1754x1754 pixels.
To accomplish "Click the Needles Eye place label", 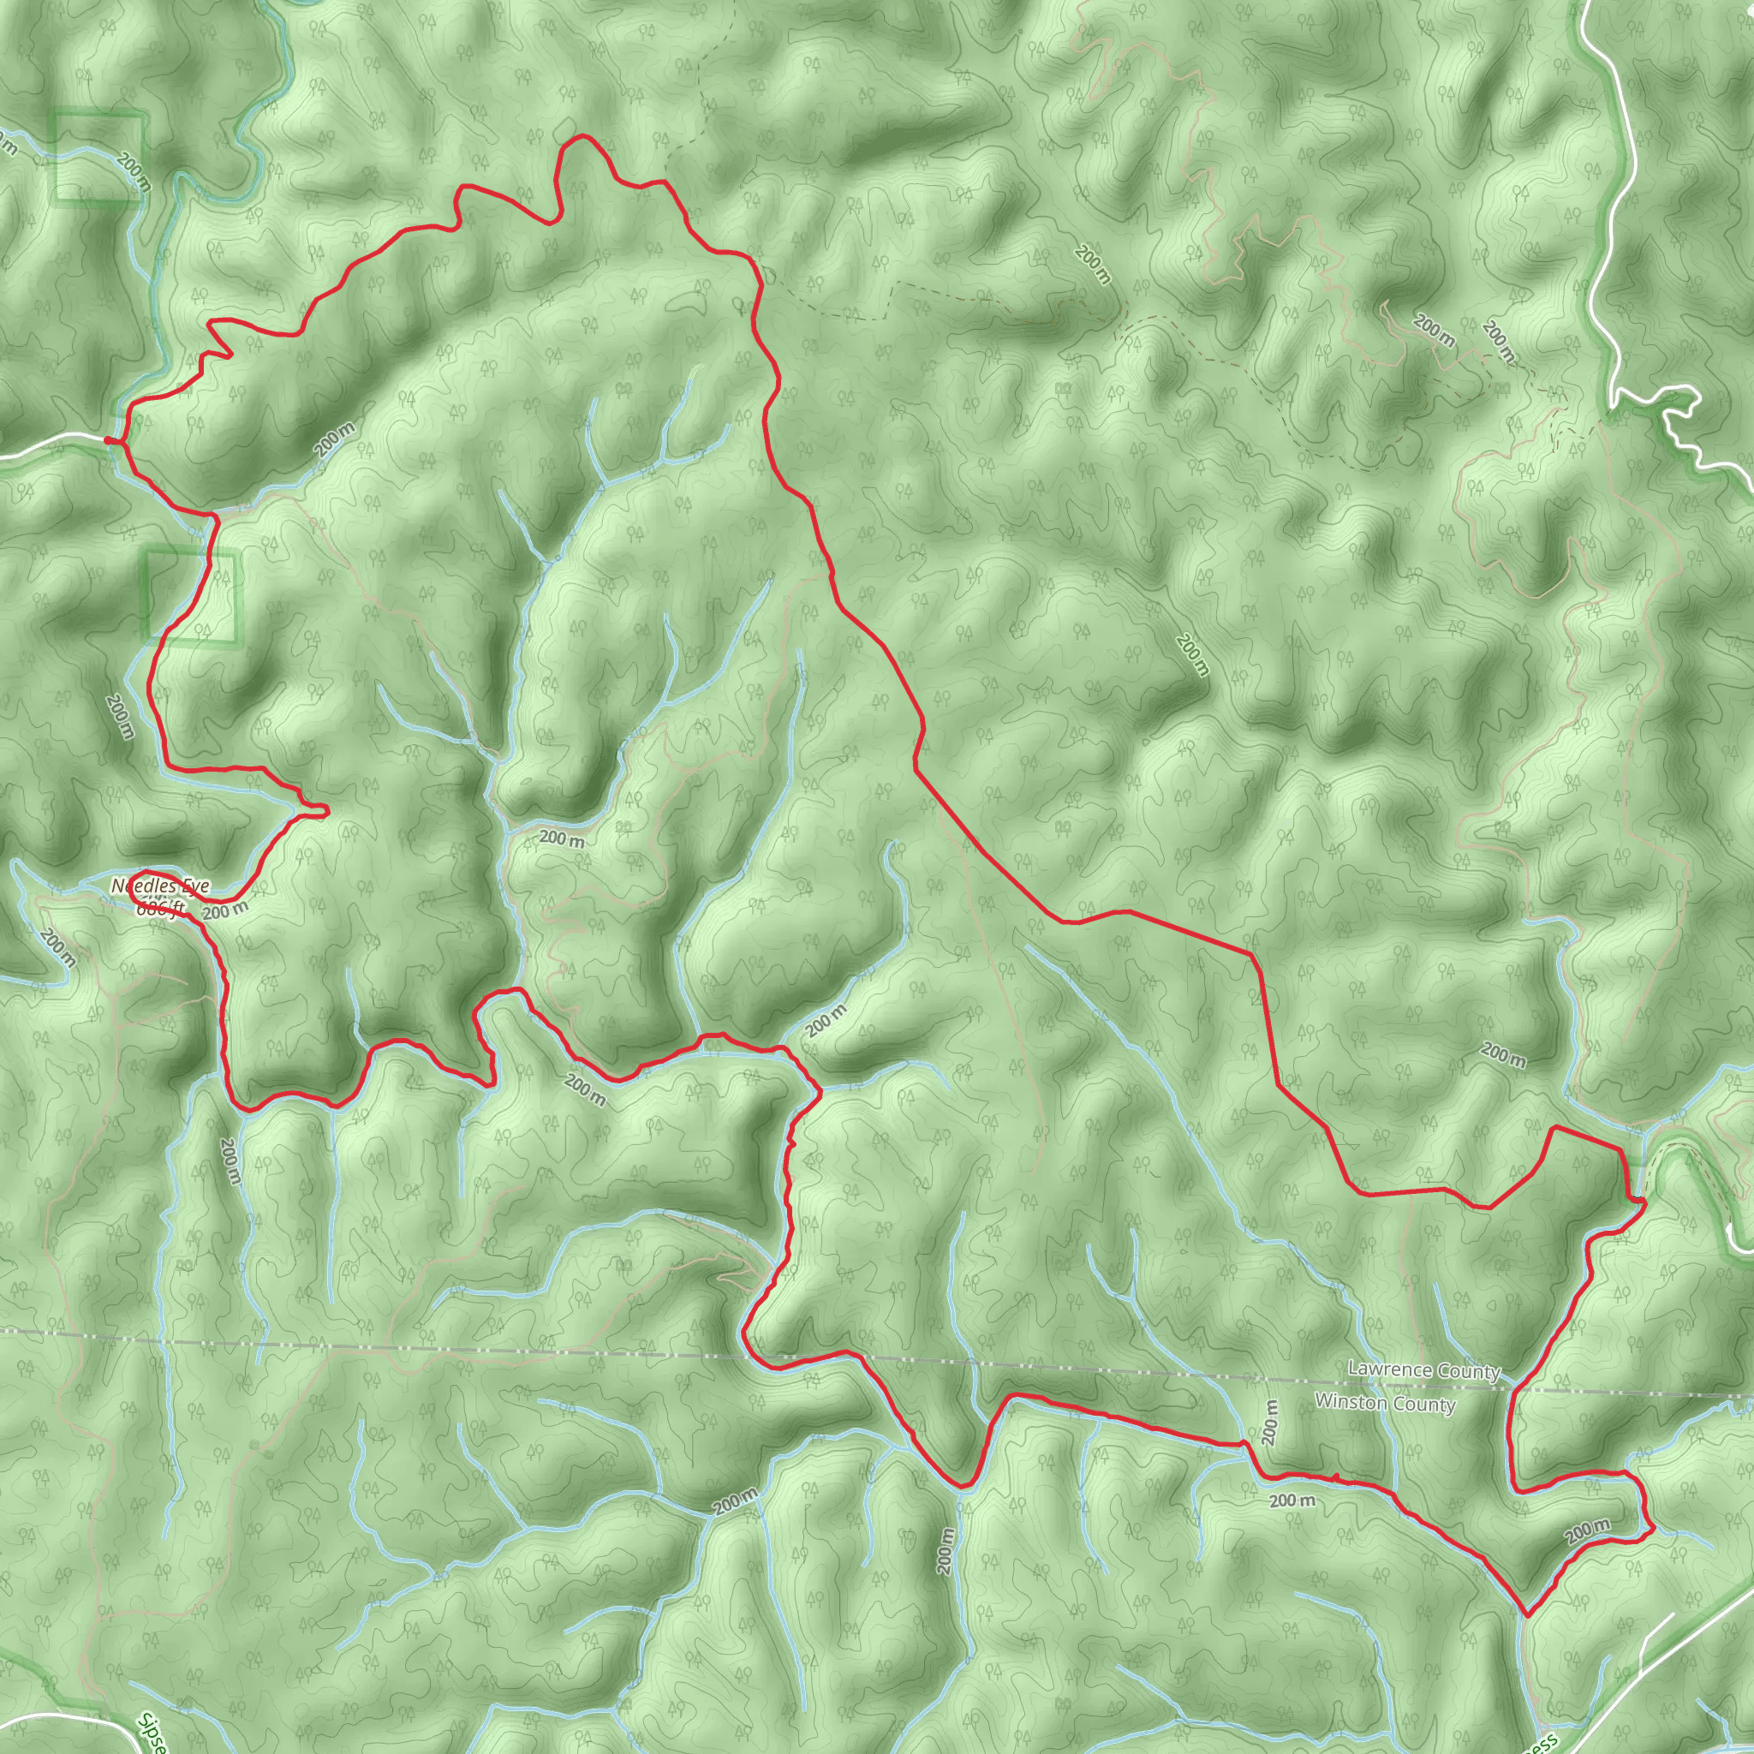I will [x=160, y=886].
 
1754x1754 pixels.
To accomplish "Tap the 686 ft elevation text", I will [x=160, y=908].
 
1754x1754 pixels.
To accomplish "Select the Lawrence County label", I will [x=1423, y=1370].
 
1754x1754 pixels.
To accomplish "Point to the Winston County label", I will [x=1385, y=1404].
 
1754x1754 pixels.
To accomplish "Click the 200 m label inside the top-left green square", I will [x=134, y=170].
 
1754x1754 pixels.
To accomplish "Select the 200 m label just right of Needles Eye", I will [x=224, y=910].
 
